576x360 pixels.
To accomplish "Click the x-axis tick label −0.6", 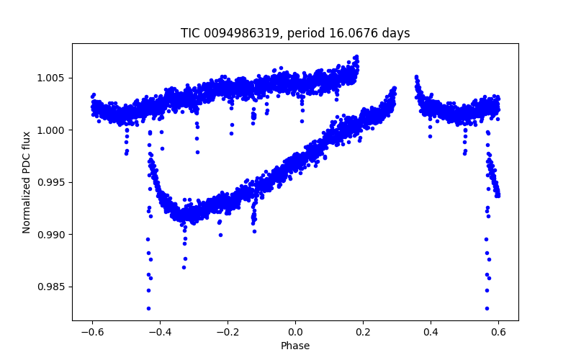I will point(92,333).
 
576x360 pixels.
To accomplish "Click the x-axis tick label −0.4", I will point(160,333).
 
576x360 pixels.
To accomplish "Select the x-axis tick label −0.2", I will point(228,333).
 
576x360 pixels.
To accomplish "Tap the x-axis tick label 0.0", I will point(295,333).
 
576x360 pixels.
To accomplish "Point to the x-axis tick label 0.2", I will point(363,333).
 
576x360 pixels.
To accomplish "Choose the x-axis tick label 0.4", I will point(431,333).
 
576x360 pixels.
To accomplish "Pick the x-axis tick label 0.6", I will point(498,333).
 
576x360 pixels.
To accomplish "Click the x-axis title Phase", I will point(295,346).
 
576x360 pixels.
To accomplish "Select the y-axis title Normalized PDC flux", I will point(27,182).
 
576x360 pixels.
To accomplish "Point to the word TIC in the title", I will point(191,33).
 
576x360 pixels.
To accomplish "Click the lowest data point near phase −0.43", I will point(148,308).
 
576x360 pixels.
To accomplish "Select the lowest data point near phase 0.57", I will point(487,308).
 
